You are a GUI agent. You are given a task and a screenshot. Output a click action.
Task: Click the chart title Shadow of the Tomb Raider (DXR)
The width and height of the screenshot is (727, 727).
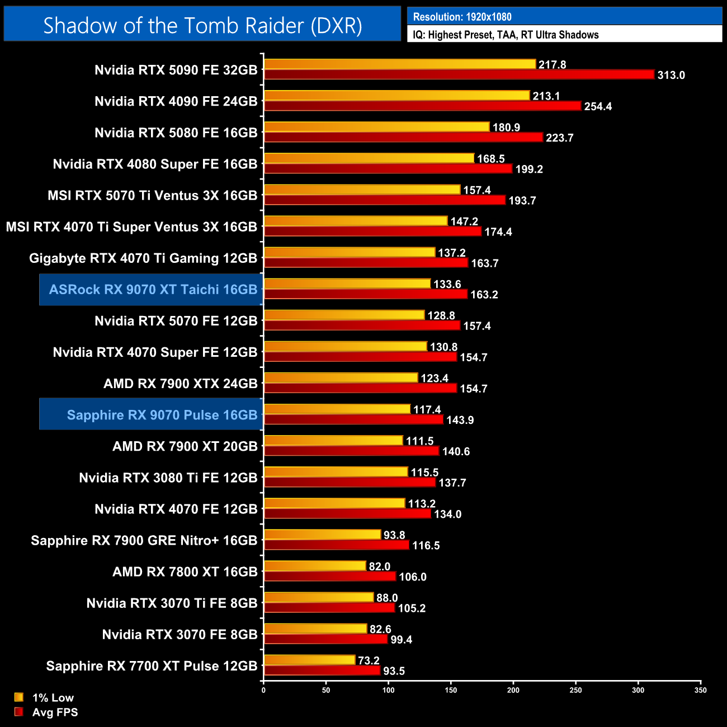[202, 25]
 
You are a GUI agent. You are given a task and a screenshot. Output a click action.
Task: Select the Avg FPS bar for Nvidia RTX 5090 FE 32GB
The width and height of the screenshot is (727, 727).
[459, 74]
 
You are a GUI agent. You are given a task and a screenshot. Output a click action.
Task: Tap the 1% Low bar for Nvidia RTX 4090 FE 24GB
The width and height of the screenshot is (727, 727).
[396, 96]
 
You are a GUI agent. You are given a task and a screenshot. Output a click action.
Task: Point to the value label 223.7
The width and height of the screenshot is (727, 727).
[559, 138]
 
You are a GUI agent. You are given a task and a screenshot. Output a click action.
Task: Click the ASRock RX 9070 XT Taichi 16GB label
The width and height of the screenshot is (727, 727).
[153, 290]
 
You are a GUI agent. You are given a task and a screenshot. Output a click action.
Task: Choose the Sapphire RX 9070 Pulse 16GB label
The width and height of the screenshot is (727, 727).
[162, 415]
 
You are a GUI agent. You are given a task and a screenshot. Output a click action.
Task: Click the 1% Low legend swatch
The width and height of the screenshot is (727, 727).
[19, 697]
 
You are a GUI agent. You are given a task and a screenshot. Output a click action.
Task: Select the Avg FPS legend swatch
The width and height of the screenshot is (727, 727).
[19, 712]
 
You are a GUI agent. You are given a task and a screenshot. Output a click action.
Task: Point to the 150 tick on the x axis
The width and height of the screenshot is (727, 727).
[451, 690]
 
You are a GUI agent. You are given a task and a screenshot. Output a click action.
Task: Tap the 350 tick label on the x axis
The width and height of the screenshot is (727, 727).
[700, 690]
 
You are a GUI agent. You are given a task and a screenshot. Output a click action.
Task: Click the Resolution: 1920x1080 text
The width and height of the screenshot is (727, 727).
[462, 17]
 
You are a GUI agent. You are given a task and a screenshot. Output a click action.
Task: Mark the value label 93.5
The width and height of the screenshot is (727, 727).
[394, 671]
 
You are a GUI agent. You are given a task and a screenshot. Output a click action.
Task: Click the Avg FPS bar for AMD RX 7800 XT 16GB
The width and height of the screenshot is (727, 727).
[330, 576]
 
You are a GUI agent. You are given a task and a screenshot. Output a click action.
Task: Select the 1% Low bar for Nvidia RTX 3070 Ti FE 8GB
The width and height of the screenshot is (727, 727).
[319, 597]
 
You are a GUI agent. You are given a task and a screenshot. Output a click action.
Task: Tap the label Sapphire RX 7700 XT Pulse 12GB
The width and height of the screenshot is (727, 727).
[152, 666]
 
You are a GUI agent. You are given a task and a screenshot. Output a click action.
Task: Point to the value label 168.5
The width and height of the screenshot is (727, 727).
[490, 159]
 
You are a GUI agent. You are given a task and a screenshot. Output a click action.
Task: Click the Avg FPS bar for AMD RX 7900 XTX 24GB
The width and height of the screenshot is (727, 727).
[360, 388]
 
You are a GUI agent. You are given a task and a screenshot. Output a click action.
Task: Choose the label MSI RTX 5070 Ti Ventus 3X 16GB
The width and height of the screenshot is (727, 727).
[152, 196]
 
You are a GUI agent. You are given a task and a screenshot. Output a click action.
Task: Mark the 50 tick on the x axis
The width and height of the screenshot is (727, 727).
[326, 690]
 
